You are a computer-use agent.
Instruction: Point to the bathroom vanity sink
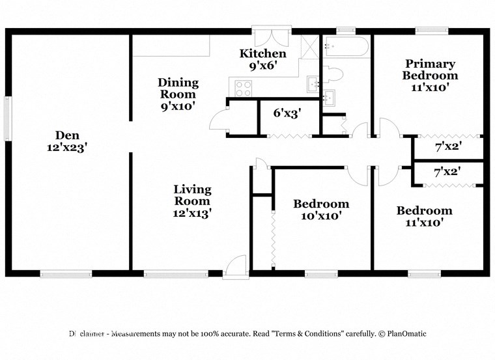pos(330,97)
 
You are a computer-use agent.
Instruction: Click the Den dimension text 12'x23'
pos(67,147)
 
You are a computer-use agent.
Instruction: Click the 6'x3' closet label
pos(287,113)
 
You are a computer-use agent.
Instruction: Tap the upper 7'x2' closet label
pos(447,147)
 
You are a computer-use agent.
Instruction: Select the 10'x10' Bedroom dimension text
pos(320,215)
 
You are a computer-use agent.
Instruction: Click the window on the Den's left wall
pos(7,118)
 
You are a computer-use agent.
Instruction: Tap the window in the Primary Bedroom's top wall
pos(432,29)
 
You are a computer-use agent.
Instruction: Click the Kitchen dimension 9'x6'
pos(262,65)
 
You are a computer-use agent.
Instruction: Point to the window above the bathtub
pos(346,29)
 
